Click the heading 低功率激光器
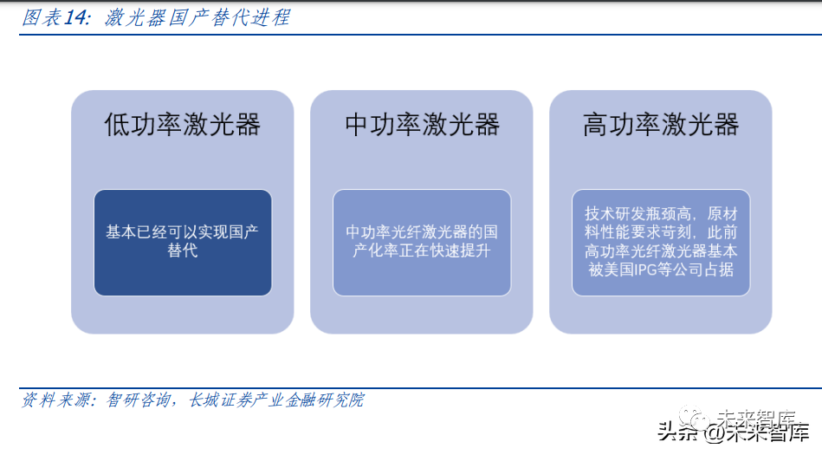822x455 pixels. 183,125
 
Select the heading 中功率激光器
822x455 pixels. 422,125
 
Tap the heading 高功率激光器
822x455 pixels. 661,125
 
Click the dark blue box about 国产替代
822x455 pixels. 183,243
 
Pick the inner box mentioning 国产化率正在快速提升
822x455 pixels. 422,243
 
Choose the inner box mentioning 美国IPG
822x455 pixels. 661,243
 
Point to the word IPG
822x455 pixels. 645,270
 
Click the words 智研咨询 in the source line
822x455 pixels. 139,400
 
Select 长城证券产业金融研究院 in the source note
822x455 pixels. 276,400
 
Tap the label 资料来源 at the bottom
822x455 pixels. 54,400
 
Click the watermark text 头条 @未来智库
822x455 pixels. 733,432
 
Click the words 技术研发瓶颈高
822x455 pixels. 638,213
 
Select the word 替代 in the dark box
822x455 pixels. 183,250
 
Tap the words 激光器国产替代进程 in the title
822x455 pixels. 197,18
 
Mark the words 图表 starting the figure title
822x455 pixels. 42,18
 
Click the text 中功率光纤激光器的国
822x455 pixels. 422,232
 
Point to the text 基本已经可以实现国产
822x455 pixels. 183,232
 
